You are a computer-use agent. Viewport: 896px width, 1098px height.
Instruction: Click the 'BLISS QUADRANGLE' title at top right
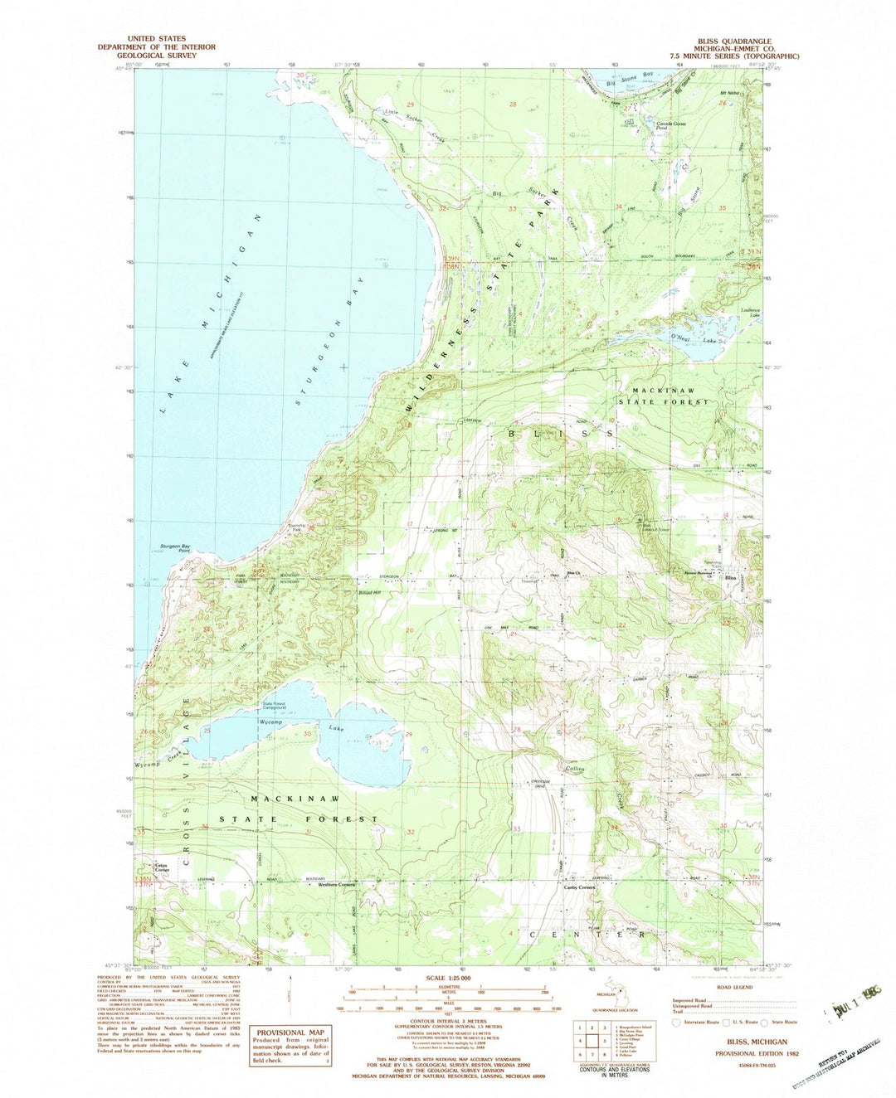(735, 41)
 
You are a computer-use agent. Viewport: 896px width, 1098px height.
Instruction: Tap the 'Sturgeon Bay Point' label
(175, 548)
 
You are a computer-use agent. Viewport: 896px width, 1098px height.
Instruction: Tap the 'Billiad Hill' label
(370, 593)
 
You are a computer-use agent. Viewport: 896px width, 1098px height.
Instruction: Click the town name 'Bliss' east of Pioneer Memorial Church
(731, 578)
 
